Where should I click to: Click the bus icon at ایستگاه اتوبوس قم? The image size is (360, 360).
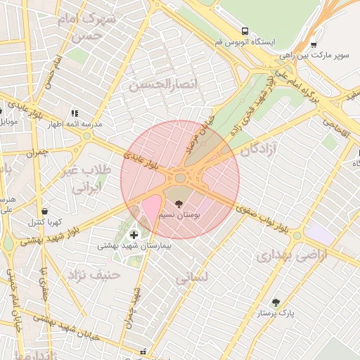coord(245,31)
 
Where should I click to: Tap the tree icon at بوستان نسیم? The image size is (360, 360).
coord(179,203)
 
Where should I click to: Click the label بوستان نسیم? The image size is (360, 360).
coord(180,214)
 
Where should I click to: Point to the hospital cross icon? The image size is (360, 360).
coord(134,235)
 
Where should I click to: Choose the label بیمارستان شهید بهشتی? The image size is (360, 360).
coord(134,246)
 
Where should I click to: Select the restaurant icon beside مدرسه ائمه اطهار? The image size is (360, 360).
coord(74,112)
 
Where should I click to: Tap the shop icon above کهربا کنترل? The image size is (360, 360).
coord(45,211)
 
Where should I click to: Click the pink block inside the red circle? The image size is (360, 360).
coord(150,208)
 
